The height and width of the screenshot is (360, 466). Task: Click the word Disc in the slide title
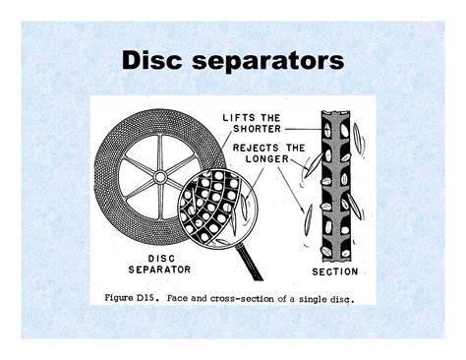[x=156, y=62]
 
